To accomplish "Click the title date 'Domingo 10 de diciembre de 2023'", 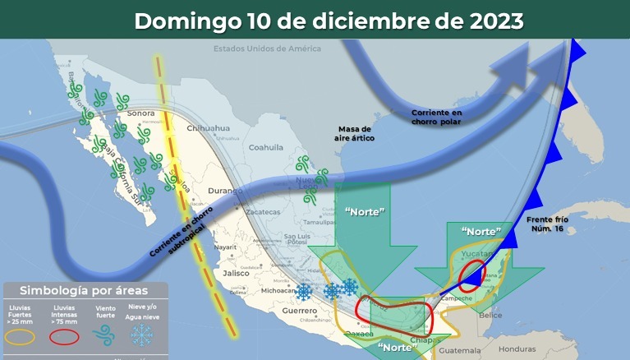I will pos(329,21).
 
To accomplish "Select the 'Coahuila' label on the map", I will pos(265,148).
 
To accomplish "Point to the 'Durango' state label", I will pos(225,192).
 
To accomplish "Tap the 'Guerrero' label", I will pos(299,311).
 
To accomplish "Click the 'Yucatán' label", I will pos(476,256).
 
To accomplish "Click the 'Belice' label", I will pos(490,314).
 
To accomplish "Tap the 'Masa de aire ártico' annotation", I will pos(356,134).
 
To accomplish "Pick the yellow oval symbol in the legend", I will pos(21,336).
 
